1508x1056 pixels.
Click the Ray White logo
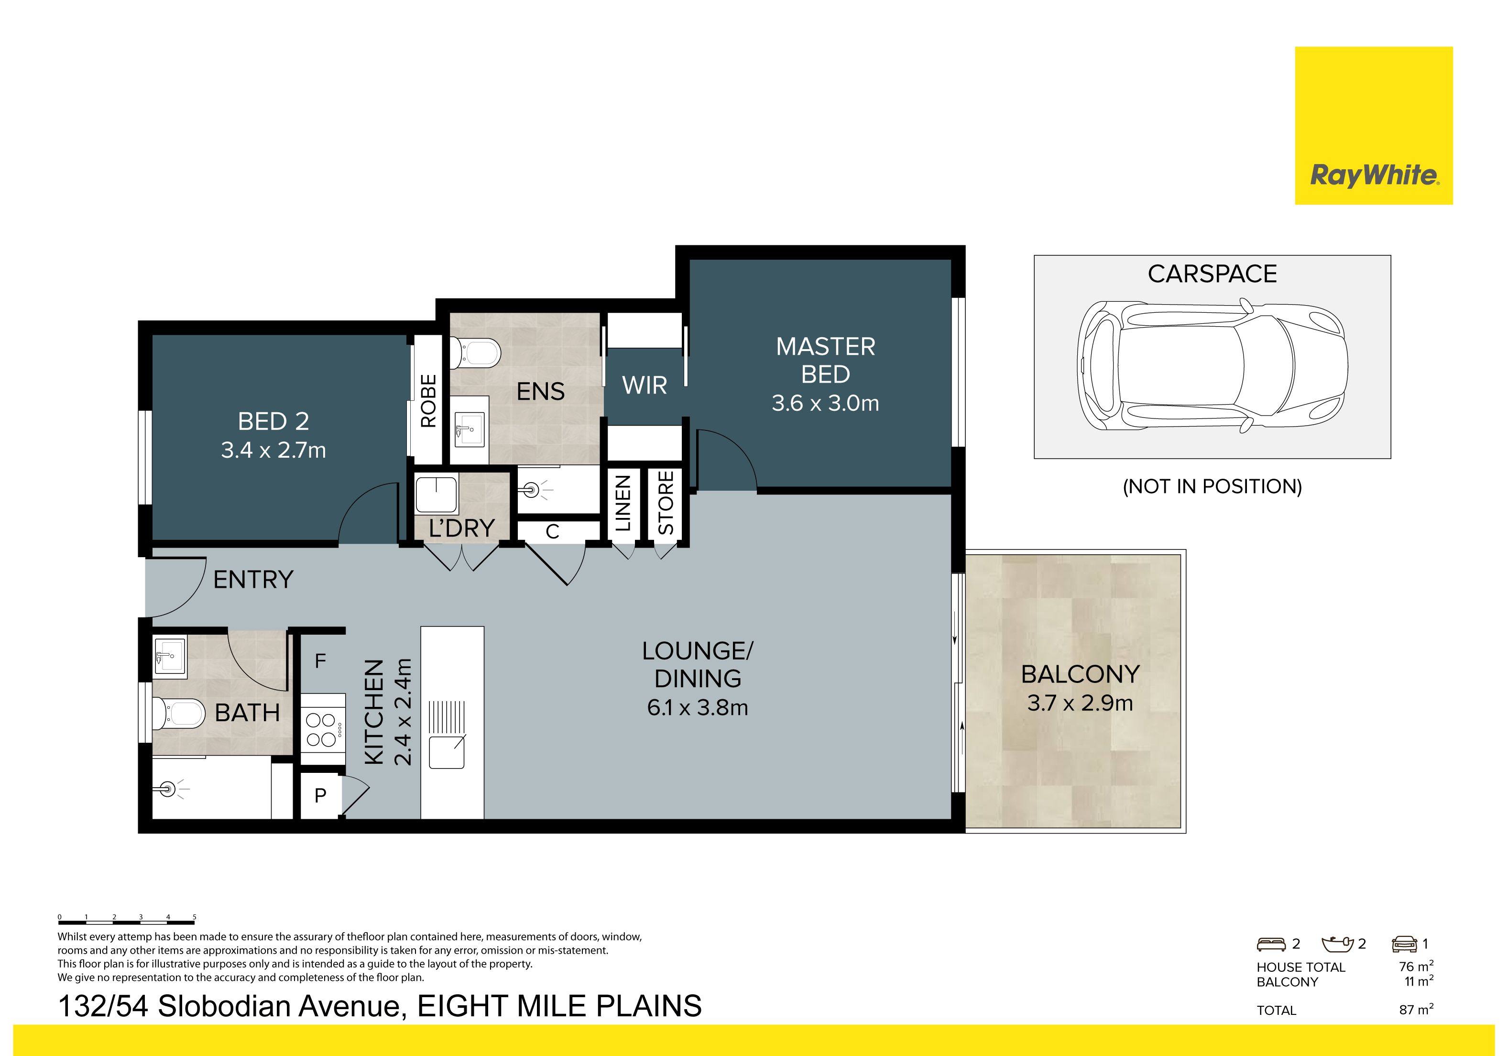tap(1373, 125)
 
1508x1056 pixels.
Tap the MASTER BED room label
tap(826, 360)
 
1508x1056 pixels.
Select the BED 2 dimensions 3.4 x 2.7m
tap(273, 450)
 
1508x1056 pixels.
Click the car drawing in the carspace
tap(1213, 365)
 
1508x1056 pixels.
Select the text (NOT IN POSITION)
tap(1212, 486)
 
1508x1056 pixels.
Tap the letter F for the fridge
tap(320, 660)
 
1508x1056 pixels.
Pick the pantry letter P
tap(320, 796)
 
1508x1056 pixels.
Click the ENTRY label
tap(253, 580)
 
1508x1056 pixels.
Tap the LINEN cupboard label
tap(623, 503)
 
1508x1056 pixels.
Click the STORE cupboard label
tap(666, 503)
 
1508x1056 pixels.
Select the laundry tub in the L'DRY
tap(436, 495)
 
